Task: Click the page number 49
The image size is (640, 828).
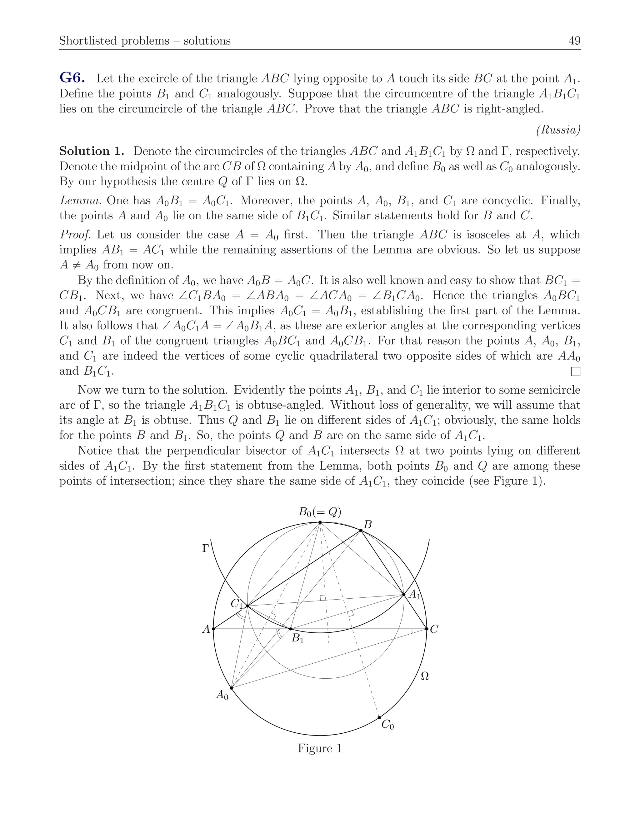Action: point(574,41)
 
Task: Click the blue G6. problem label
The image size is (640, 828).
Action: point(72,78)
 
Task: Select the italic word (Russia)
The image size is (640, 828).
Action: point(558,130)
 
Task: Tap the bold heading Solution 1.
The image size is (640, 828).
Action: point(92,151)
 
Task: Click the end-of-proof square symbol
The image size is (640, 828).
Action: point(576,372)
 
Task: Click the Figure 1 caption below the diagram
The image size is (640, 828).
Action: point(320,748)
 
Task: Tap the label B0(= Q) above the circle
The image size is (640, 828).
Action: point(320,512)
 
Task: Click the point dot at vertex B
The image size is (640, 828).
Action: point(361,531)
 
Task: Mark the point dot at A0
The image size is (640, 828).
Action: point(231,688)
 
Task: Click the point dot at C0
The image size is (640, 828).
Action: point(379,718)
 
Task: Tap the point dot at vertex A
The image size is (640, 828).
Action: point(213,629)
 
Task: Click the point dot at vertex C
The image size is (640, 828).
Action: point(427,629)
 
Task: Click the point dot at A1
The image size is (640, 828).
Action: point(404,595)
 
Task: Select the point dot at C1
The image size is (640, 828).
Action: point(247,606)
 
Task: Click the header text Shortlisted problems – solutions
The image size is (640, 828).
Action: point(145,41)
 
